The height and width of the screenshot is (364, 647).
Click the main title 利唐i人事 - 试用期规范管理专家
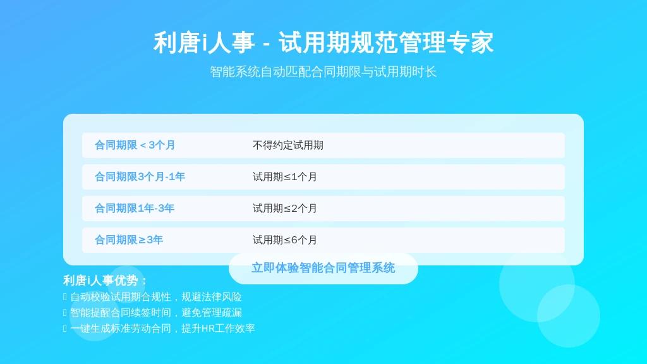pyautogui.click(x=323, y=42)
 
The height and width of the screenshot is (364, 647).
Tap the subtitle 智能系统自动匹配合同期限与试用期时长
pyautogui.click(x=323, y=72)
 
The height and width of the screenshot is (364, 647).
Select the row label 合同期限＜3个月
pyautogui.click(x=135, y=145)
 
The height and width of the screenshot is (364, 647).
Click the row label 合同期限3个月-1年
pyautogui.click(x=140, y=177)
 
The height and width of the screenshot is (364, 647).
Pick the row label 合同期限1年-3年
pyautogui.click(x=135, y=209)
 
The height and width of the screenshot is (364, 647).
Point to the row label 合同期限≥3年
pyautogui.click(x=129, y=240)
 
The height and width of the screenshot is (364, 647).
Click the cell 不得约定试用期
pyautogui.click(x=288, y=145)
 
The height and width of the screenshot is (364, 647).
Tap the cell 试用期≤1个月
pyautogui.click(x=285, y=177)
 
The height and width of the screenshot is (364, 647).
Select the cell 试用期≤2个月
pyautogui.click(x=285, y=209)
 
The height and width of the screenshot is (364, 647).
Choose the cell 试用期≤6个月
pyautogui.click(x=285, y=240)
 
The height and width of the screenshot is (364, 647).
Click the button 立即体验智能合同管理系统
pyautogui.click(x=323, y=268)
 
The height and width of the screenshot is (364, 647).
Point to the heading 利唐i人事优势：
pyautogui.click(x=106, y=281)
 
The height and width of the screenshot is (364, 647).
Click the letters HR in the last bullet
pyautogui.click(x=208, y=329)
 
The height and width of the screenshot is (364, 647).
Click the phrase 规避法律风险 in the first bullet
pyautogui.click(x=212, y=297)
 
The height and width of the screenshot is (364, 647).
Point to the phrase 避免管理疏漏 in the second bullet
pyautogui.click(x=212, y=312)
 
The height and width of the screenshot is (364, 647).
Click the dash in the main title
pyautogui.click(x=266, y=44)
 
